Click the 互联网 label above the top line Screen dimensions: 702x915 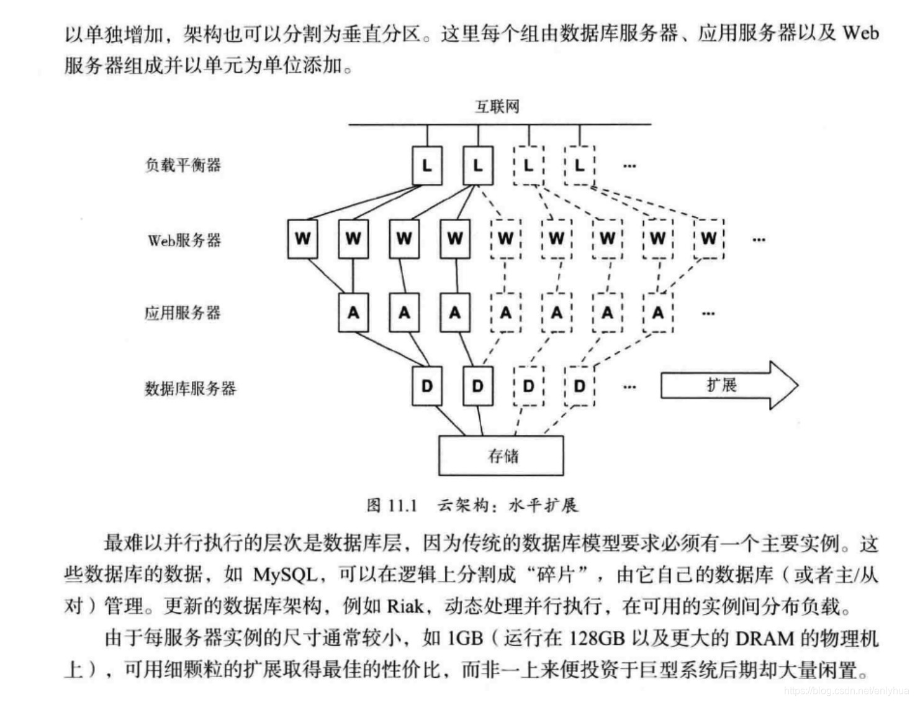pyautogui.click(x=497, y=107)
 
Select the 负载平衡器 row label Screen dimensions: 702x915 pyautogui.click(x=183, y=165)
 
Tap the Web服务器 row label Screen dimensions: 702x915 pyautogui.click(x=184, y=240)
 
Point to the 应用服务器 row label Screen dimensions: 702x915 pyautogui.click(x=183, y=312)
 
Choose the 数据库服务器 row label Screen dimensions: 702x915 pyautogui.click(x=190, y=388)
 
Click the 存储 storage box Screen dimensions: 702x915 pyautogui.click(x=502, y=456)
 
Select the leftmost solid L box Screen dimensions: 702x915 pyautogui.click(x=427, y=166)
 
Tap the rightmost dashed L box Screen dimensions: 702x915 pyautogui.click(x=579, y=166)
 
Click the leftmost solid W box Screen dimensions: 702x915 pyautogui.click(x=302, y=239)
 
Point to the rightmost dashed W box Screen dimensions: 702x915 pyautogui.click(x=708, y=239)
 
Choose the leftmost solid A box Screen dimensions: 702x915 pyautogui.click(x=353, y=312)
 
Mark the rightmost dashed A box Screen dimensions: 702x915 pyautogui.click(x=658, y=312)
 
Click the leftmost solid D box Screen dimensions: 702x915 pyautogui.click(x=427, y=386)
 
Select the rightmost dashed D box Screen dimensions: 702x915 pyautogui.click(x=579, y=386)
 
